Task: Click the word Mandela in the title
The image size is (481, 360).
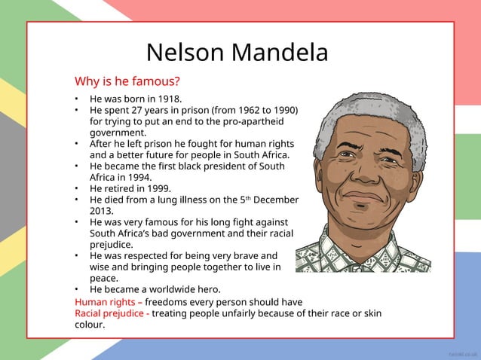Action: coord(283,53)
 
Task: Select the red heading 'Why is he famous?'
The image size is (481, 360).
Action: coord(127,81)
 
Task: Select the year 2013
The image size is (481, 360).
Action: coord(102,211)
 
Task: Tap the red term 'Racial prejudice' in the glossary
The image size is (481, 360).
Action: coord(109,313)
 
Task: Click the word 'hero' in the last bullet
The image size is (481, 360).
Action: coord(207,290)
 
